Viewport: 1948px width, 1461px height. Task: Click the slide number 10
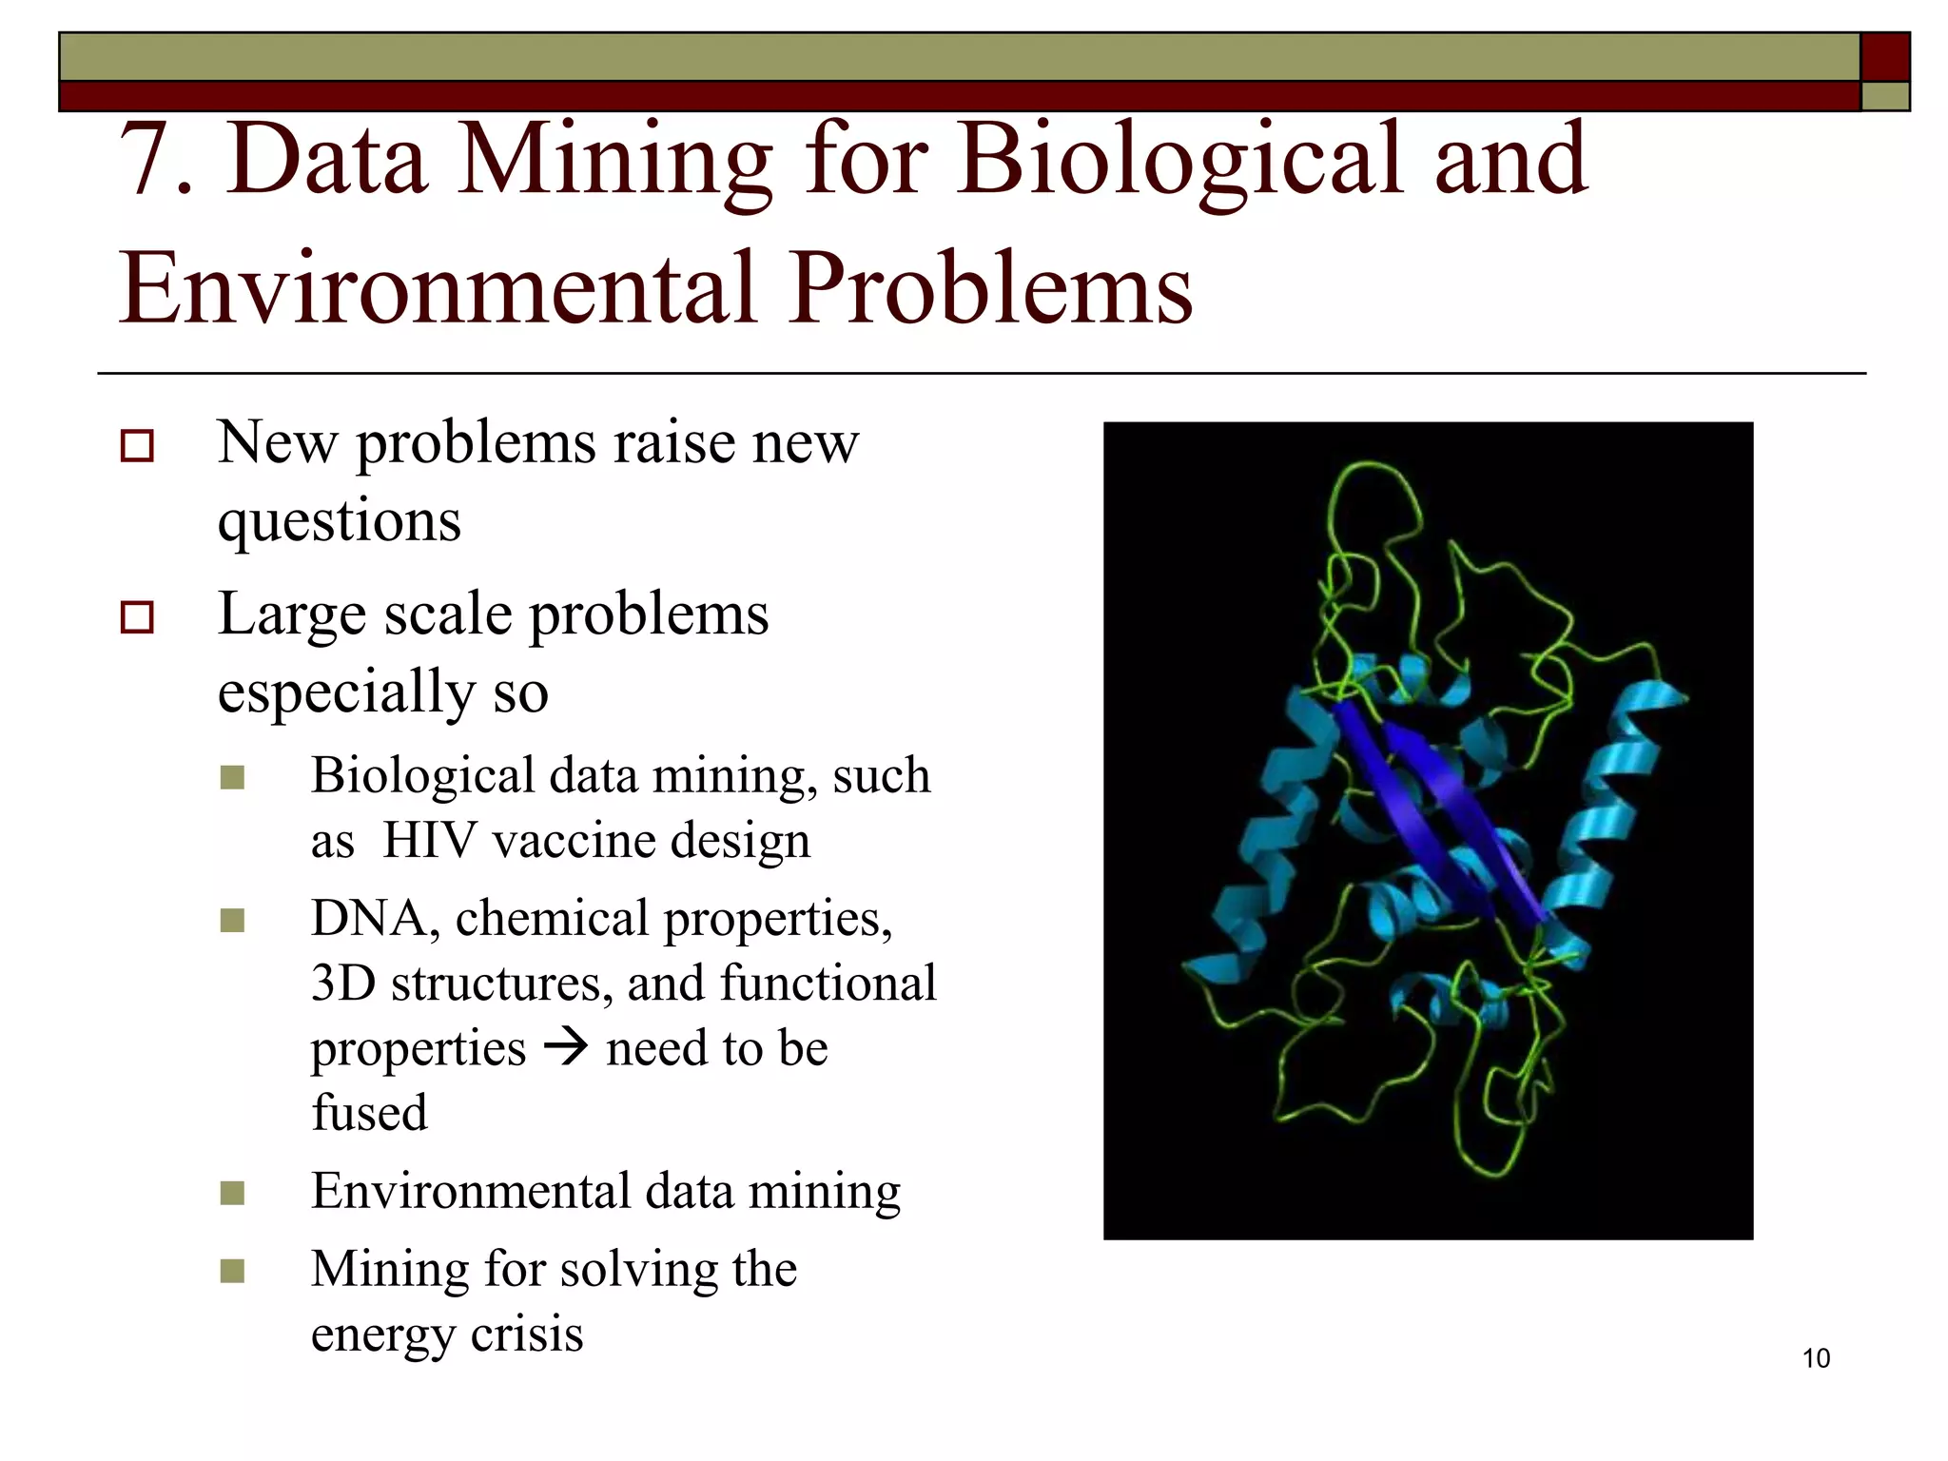click(x=1815, y=1358)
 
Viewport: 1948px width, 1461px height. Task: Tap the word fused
click(x=369, y=1113)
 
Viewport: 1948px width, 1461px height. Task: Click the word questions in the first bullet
click(x=339, y=521)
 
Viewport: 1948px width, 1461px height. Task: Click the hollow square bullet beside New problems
click(x=137, y=446)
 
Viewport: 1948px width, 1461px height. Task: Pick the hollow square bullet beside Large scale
click(x=137, y=617)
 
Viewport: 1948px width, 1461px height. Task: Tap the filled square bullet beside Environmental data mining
click(x=232, y=1193)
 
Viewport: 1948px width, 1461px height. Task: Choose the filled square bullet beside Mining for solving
click(x=232, y=1271)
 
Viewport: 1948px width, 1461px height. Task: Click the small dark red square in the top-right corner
click(x=1884, y=57)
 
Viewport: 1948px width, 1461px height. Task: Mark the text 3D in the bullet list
click(x=342, y=984)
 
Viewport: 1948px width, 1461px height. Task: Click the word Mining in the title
click(x=614, y=160)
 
